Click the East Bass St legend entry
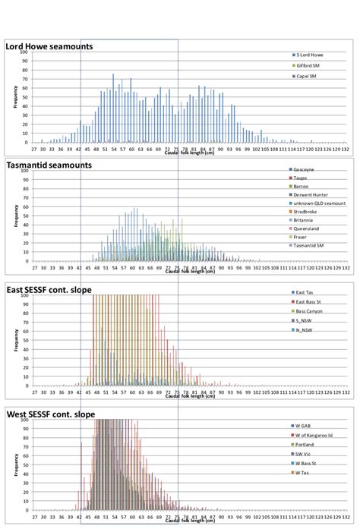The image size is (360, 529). pyautogui.click(x=311, y=302)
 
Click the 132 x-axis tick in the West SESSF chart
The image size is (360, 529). pyautogui.click(x=346, y=520)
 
